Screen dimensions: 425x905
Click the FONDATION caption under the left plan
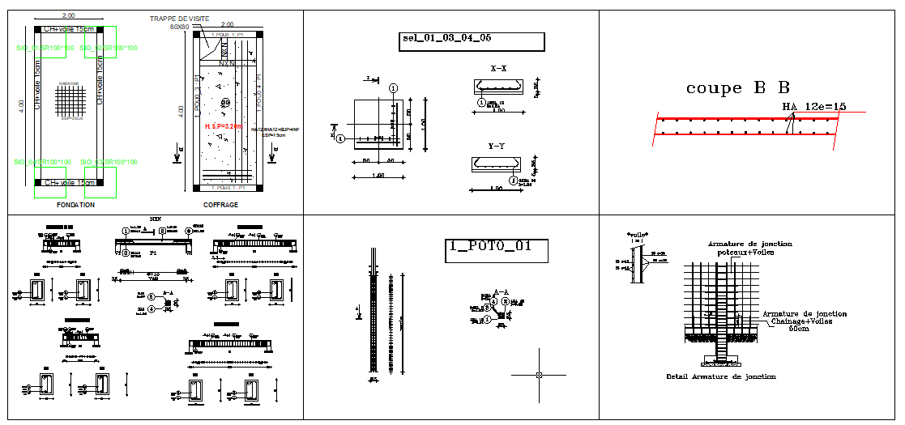pos(75,205)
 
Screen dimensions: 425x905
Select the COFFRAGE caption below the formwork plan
pos(220,205)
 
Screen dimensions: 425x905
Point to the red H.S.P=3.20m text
pos(223,126)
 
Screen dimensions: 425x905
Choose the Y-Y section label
pos(498,146)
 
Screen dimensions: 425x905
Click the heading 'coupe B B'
pos(737,88)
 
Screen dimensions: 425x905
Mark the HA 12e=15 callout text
pos(813,106)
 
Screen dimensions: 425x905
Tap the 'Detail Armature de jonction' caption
pos(720,376)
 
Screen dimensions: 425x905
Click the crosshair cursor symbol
pos(540,375)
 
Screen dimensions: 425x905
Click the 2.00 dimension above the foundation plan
pos(68,16)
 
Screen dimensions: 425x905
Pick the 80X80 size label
pos(179,27)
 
